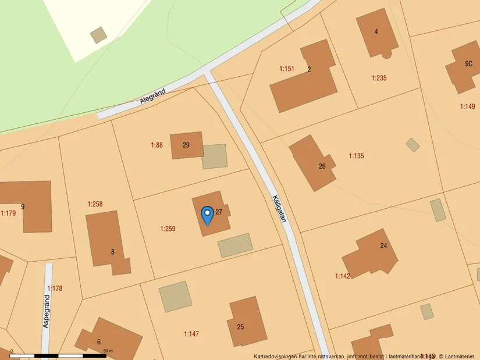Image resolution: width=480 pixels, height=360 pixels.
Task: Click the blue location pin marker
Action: [207, 215]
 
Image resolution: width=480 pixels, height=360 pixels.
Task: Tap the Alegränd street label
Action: [153, 96]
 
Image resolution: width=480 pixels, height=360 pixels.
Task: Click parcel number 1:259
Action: [168, 229]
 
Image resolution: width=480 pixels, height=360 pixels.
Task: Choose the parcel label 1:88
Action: [157, 145]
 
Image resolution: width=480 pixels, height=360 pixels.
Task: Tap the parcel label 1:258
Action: [95, 204]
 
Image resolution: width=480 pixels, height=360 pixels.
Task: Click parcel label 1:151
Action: [286, 69]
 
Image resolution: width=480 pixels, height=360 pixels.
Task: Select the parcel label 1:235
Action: [379, 78]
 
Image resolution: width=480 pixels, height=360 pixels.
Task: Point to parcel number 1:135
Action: [356, 156]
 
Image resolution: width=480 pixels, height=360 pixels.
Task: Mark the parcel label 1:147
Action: [191, 334]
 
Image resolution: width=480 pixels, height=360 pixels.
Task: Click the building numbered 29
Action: [186, 145]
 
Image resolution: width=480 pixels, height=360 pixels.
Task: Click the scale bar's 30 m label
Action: [107, 351]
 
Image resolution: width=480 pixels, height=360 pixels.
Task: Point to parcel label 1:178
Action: [55, 288]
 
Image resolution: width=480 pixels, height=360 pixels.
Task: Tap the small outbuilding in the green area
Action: [98, 35]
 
